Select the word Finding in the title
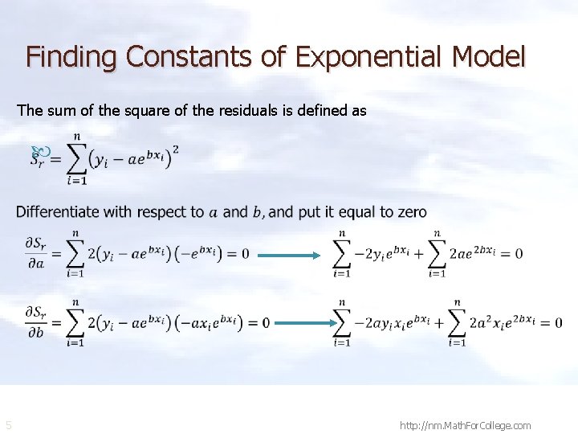pyautogui.click(x=72, y=57)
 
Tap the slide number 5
pyautogui.click(x=8, y=424)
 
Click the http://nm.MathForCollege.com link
pyautogui.click(x=465, y=425)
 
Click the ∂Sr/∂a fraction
pyautogui.click(x=35, y=254)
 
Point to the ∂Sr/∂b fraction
pyautogui.click(x=35, y=321)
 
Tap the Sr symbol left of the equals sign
pyautogui.click(x=38, y=160)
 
